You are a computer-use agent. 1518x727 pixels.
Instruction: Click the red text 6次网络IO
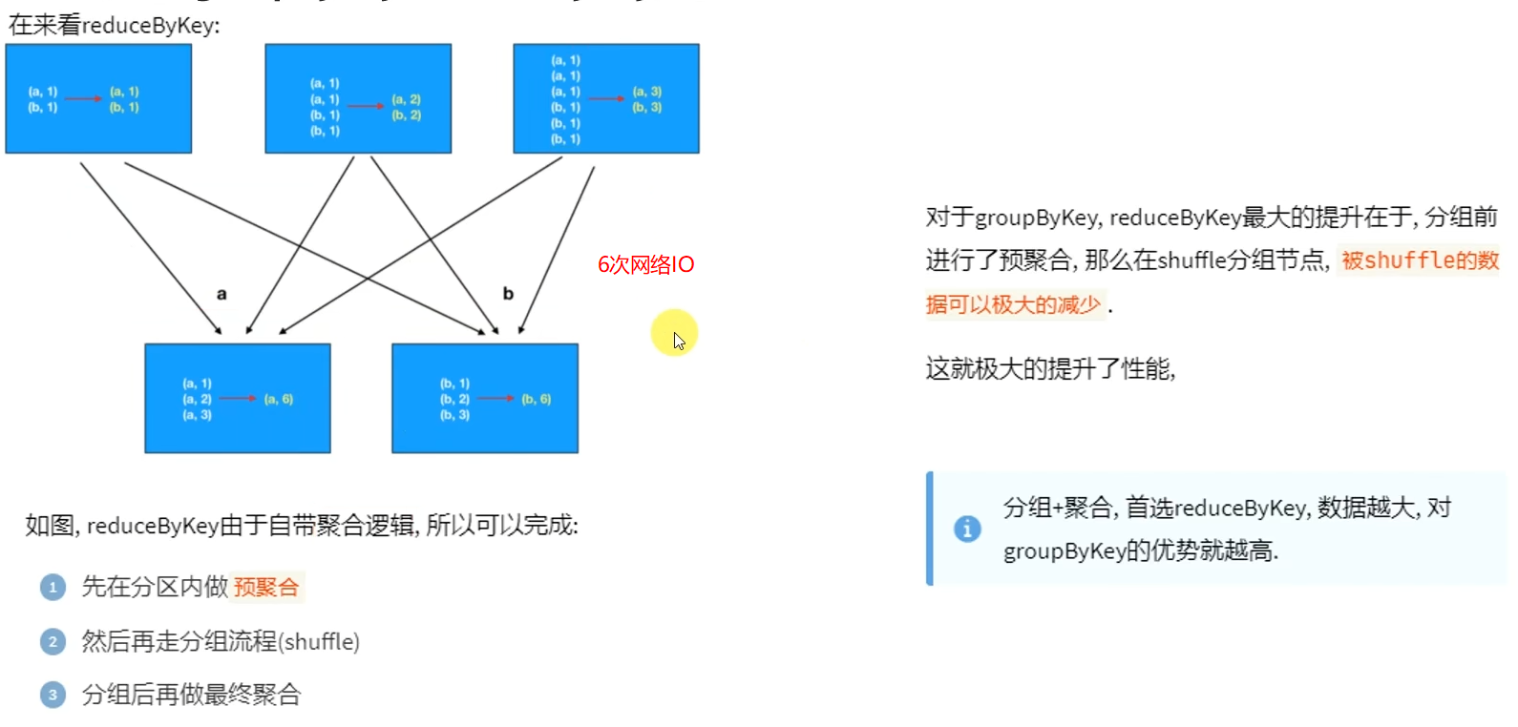pos(645,264)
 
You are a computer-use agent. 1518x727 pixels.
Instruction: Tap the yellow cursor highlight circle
pos(674,332)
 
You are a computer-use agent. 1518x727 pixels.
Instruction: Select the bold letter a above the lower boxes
pos(221,294)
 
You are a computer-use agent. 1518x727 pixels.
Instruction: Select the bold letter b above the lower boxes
pos(508,294)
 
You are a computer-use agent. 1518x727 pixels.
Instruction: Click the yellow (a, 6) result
pos(279,399)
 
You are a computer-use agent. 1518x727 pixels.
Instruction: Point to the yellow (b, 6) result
pos(537,399)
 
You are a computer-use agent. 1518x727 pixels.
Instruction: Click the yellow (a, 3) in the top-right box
pos(647,92)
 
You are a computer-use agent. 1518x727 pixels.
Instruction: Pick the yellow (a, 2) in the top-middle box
pos(407,99)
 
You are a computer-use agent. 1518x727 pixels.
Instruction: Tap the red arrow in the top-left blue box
pos(83,98)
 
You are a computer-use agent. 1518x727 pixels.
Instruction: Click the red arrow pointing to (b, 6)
pos(495,398)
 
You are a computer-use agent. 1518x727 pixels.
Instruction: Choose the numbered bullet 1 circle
pos(53,587)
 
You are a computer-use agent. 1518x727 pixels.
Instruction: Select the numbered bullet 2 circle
pos(53,641)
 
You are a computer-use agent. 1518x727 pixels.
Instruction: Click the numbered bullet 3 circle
pos(53,695)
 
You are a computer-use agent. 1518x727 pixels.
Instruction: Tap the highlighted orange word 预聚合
pos(266,587)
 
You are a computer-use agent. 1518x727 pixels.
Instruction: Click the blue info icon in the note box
pos(967,528)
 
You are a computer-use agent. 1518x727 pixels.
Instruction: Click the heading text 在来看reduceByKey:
pos(114,25)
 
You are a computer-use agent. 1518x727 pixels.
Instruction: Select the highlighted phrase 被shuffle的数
pos(1420,260)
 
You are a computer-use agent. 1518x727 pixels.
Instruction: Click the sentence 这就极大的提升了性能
pos(1049,368)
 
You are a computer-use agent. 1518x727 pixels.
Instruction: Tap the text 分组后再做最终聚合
pos(191,695)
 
